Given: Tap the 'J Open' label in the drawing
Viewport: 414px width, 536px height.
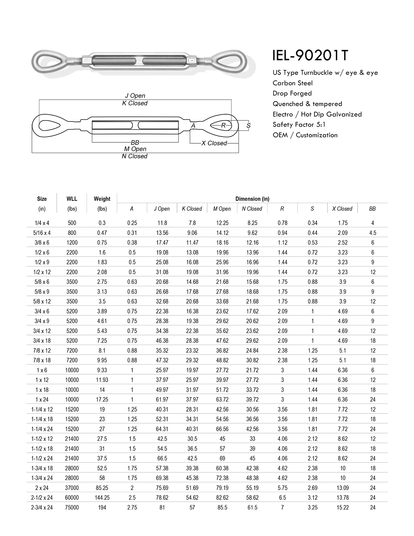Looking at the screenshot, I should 135,96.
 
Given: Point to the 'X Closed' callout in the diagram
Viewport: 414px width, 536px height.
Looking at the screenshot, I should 214,143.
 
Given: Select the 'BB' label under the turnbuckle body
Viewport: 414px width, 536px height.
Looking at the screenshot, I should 135,143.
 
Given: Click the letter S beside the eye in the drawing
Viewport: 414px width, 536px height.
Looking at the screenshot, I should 249,125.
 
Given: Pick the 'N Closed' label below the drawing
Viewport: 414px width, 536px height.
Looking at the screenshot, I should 135,156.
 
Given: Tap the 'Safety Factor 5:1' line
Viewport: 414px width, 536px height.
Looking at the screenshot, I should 299,125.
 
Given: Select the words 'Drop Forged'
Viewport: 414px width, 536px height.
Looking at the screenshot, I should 292,93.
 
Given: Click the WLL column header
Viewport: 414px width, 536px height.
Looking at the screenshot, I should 72,199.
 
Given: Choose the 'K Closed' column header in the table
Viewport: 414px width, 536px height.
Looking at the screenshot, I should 192,209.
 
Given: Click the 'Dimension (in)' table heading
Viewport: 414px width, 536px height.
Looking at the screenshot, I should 252,199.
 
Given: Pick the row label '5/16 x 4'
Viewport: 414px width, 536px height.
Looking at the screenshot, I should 42,233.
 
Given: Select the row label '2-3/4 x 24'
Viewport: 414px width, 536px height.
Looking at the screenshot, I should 42,507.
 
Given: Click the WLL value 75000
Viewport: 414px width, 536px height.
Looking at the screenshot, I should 72,507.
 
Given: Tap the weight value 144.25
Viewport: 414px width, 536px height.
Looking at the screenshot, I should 102,497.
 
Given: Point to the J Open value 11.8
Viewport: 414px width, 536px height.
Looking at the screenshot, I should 162,223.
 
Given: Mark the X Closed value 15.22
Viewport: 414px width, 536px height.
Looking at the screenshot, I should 342,507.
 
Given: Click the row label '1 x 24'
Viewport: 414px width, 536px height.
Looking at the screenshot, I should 42,399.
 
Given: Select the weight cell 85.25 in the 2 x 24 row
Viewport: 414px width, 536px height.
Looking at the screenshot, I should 102,488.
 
